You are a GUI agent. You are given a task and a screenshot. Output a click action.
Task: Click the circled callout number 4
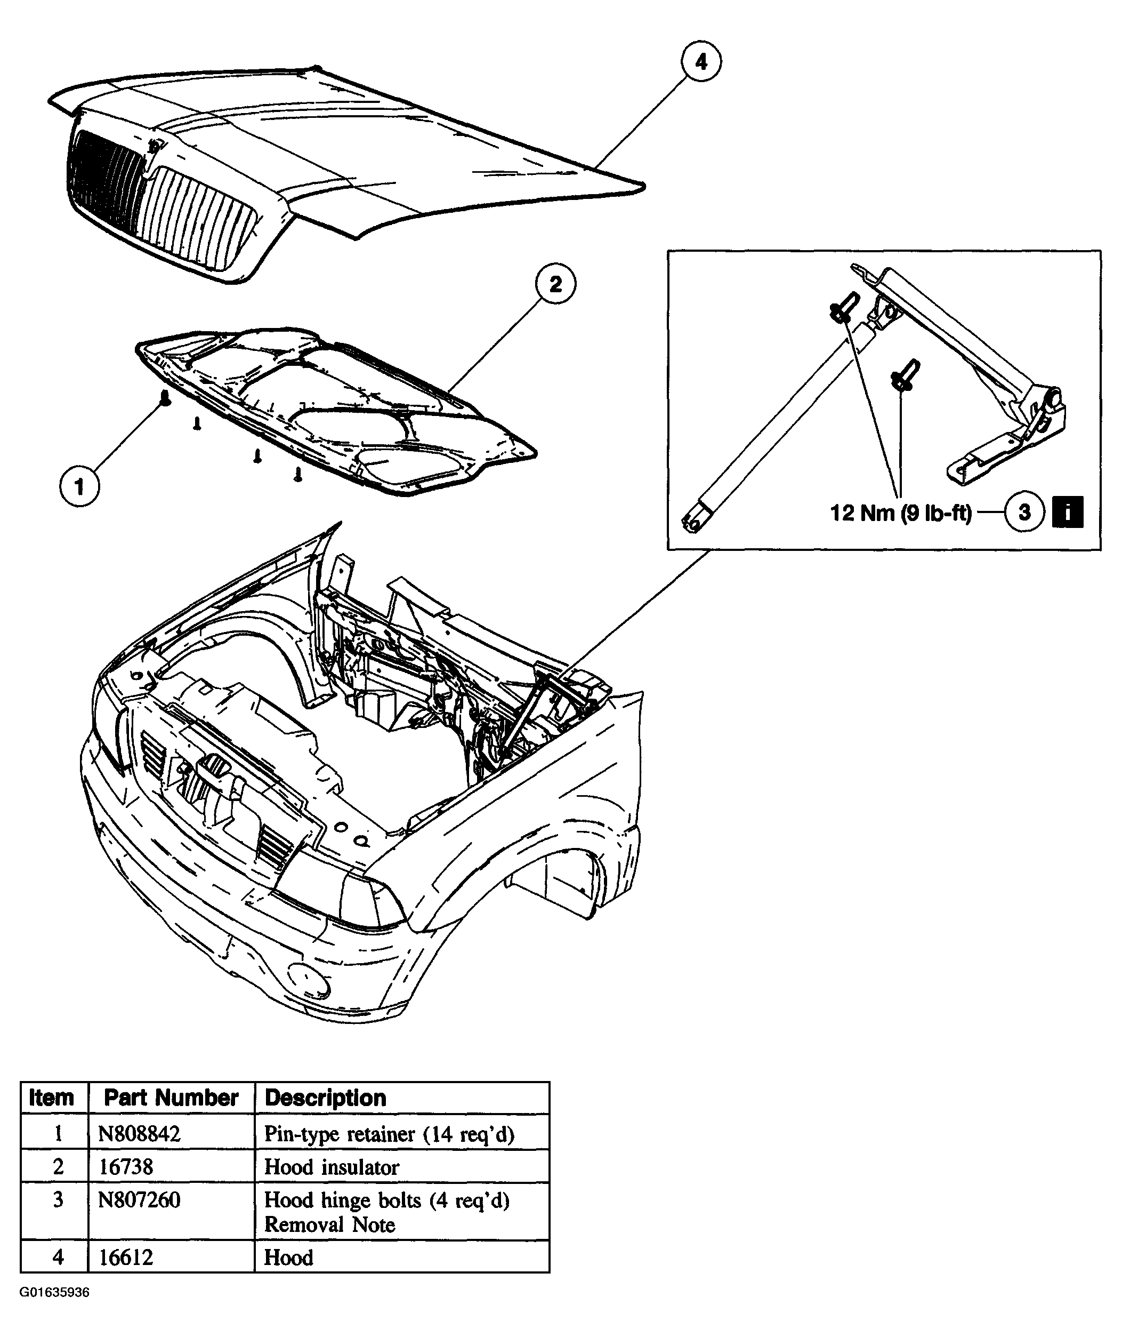[701, 62]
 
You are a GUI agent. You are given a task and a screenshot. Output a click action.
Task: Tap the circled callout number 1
[79, 487]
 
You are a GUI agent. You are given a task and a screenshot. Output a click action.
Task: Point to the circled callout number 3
[1024, 512]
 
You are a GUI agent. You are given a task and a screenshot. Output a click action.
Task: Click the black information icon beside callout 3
[1068, 512]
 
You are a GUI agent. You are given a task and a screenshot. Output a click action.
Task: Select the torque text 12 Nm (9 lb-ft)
[900, 513]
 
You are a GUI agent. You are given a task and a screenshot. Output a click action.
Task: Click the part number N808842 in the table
[139, 1133]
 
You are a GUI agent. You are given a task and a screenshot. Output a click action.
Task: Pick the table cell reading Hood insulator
[332, 1166]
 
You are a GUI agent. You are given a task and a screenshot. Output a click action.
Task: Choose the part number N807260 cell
[139, 1199]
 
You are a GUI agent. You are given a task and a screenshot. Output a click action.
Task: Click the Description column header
[325, 1098]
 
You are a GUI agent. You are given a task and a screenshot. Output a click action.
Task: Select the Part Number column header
[171, 1098]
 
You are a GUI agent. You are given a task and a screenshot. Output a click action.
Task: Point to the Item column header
[52, 1098]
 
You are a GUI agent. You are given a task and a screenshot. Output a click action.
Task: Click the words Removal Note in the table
[329, 1224]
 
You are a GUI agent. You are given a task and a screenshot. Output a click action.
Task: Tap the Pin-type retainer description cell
[390, 1134]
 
